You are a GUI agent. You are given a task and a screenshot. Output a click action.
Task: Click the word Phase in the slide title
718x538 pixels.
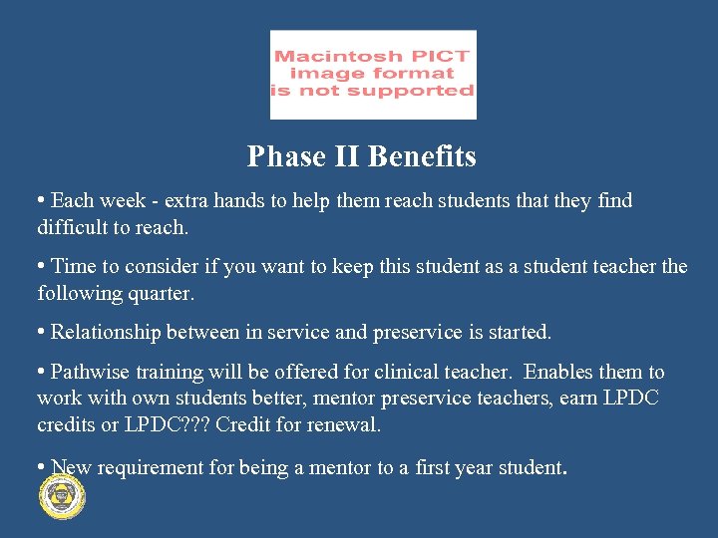[286, 156]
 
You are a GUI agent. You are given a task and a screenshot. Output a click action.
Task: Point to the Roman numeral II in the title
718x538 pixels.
[347, 156]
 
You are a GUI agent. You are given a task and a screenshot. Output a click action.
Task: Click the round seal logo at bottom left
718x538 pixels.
[61, 495]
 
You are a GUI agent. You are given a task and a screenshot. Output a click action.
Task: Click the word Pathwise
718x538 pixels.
[88, 372]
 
